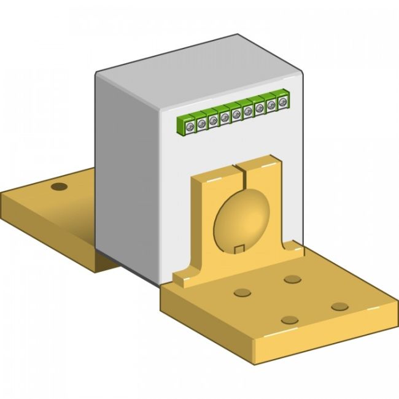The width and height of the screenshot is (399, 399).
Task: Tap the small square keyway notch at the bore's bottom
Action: [241, 249]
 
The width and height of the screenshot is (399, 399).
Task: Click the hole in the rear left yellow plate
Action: [58, 186]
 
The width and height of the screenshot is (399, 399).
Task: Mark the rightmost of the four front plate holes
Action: [339, 306]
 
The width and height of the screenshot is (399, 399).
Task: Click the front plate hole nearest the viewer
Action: [290, 320]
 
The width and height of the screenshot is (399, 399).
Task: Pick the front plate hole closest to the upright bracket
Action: [292, 279]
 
